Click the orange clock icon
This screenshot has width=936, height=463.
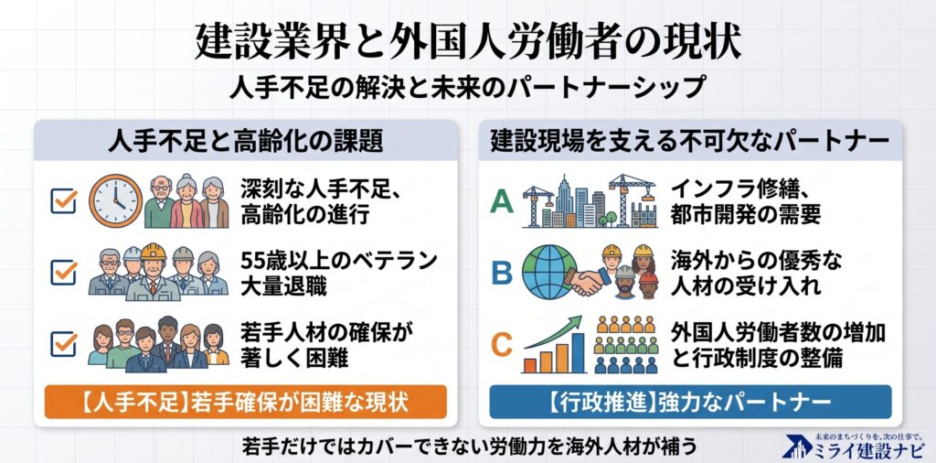[116, 200]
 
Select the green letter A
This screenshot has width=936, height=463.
[502, 202]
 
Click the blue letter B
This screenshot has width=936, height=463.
[502, 273]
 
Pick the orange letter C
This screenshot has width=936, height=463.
[502, 344]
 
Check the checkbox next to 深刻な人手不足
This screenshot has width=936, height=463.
[63, 200]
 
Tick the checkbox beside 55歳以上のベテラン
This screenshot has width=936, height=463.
[63, 273]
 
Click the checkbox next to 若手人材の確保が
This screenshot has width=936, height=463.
[63, 343]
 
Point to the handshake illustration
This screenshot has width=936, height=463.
[588, 282]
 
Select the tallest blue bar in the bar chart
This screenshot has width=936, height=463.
[578, 353]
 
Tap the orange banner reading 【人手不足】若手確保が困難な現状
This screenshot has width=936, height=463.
[245, 402]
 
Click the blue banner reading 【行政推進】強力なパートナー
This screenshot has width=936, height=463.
[690, 402]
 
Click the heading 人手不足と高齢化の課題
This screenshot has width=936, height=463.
[245, 142]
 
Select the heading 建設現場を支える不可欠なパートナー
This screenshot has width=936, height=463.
[690, 142]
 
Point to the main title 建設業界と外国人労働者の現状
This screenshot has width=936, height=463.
[468, 42]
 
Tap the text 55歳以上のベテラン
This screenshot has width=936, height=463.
[339, 261]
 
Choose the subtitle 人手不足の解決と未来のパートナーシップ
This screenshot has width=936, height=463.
[468, 87]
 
